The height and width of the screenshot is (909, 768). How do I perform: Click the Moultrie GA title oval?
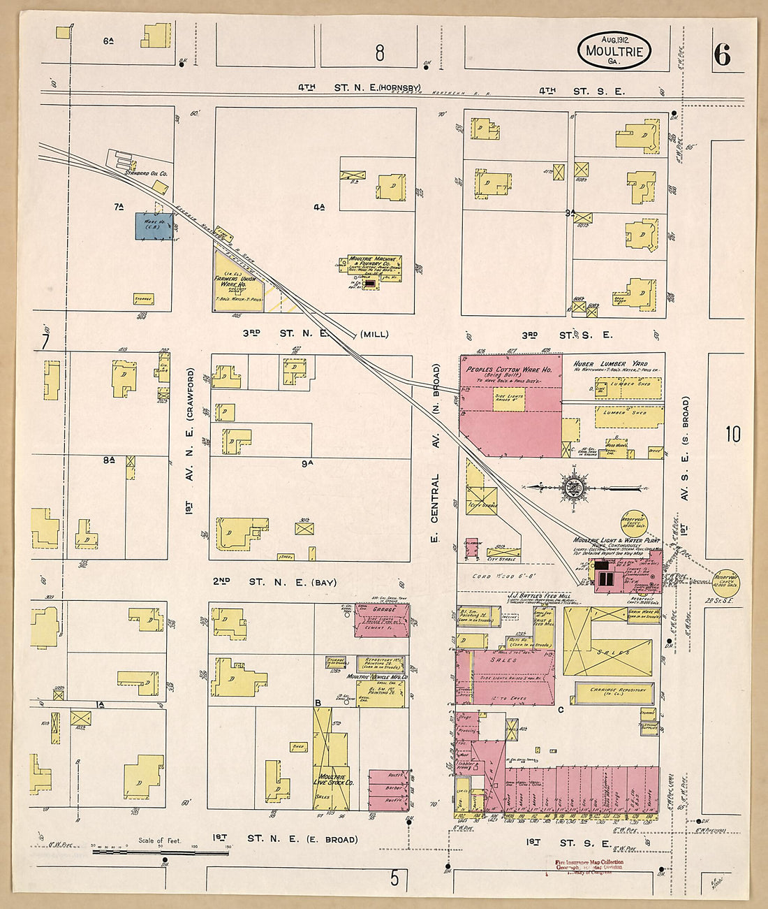pyautogui.click(x=614, y=50)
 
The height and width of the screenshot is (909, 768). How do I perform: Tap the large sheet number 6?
pyautogui.click(x=722, y=54)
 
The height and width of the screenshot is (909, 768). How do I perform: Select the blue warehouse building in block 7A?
pyautogui.click(x=154, y=226)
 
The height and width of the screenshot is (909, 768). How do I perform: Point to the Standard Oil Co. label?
pyautogui.click(x=146, y=173)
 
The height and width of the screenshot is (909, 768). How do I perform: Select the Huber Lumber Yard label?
pyautogui.click(x=610, y=364)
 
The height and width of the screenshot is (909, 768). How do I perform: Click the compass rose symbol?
pyautogui.click(x=573, y=487)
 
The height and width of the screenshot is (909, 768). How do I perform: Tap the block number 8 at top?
pyautogui.click(x=379, y=53)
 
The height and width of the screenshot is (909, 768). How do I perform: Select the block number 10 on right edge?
pyautogui.click(x=732, y=435)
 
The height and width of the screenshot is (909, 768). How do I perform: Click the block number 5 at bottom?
pyautogui.click(x=394, y=878)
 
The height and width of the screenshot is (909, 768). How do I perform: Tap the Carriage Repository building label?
pyautogui.click(x=612, y=692)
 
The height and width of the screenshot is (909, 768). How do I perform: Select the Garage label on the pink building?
pyautogui.click(x=382, y=609)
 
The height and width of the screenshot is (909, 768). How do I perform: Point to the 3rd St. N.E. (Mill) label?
pyautogui.click(x=314, y=334)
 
